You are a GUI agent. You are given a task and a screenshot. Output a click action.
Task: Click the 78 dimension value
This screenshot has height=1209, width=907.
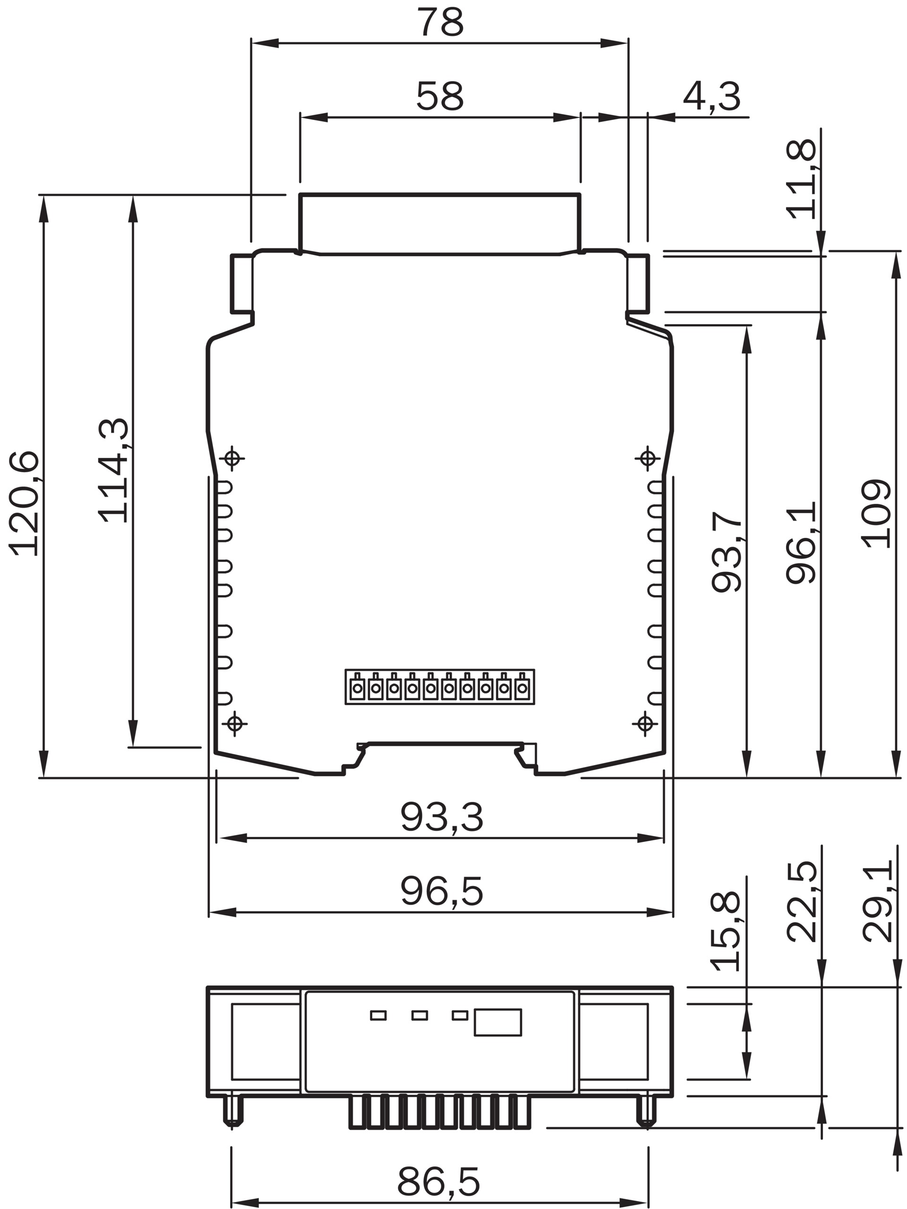440,22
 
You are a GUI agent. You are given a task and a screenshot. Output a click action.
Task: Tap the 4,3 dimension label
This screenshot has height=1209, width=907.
712,97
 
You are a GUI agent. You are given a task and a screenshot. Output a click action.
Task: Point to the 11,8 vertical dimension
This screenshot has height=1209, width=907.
802,179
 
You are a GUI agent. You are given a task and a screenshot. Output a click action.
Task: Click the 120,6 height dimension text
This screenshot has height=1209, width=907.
24,503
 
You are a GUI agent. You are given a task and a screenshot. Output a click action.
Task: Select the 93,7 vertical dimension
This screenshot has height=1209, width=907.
727,552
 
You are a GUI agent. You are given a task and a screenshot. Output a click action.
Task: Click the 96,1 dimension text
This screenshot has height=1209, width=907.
802,543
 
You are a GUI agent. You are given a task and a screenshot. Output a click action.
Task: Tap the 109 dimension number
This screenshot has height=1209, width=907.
876,513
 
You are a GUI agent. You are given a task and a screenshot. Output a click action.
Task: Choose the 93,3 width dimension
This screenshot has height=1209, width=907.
442,817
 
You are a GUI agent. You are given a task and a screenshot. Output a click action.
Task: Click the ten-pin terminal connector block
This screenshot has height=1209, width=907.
439,687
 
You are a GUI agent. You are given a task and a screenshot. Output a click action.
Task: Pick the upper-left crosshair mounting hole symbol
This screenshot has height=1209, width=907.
232,458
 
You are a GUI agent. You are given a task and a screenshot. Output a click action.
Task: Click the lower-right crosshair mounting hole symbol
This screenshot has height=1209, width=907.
645,724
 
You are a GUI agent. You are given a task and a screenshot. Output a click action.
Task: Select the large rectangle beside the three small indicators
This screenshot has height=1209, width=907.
497,1022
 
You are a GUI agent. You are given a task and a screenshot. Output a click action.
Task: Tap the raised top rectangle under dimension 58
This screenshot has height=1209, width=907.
439,224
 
